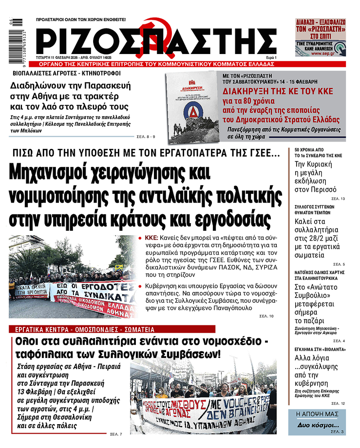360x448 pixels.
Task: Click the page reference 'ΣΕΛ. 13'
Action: [338, 199]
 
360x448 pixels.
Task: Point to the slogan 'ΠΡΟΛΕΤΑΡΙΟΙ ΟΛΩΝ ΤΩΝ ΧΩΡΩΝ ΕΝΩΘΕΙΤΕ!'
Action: [81, 20]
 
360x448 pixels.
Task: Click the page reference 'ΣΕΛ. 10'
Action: [266, 317]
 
